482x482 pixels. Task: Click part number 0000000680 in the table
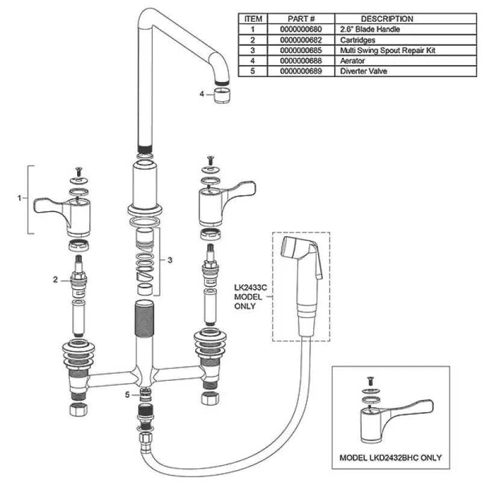tap(301, 30)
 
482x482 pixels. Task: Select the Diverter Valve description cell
tap(363, 71)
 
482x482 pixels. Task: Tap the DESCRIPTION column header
tap(387, 19)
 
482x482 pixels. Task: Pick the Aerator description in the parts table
tap(352, 61)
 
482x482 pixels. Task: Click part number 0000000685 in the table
tap(301, 51)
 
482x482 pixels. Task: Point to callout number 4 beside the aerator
tap(202, 94)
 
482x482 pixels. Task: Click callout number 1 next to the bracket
tap(20, 198)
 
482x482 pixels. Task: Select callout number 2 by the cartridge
tap(55, 280)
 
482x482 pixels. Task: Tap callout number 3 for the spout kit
tap(170, 260)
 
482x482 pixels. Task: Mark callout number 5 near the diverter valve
tap(127, 395)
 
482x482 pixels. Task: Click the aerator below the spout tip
tap(221, 95)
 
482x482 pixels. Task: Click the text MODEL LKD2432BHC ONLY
tap(390, 458)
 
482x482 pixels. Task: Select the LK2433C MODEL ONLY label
tap(250, 297)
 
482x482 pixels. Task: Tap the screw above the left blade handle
tap(78, 171)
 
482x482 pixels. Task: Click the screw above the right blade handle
tap(210, 160)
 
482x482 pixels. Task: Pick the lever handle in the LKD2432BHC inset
tap(396, 422)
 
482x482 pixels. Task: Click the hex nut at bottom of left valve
tap(78, 410)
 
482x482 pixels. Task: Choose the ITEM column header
tap(253, 19)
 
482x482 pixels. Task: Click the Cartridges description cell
tap(357, 40)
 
